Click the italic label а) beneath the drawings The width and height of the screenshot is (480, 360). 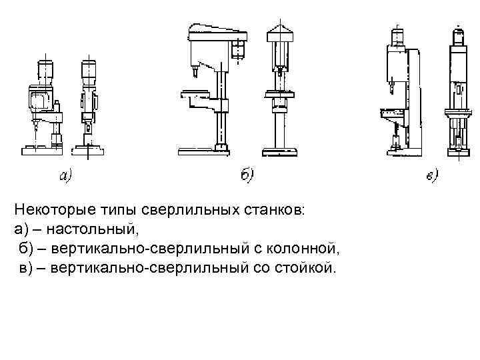(66, 176)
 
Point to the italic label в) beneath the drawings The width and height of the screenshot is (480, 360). (430, 176)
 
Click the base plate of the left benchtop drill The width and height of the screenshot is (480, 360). (41, 151)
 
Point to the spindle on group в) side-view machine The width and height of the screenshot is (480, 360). (391, 83)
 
